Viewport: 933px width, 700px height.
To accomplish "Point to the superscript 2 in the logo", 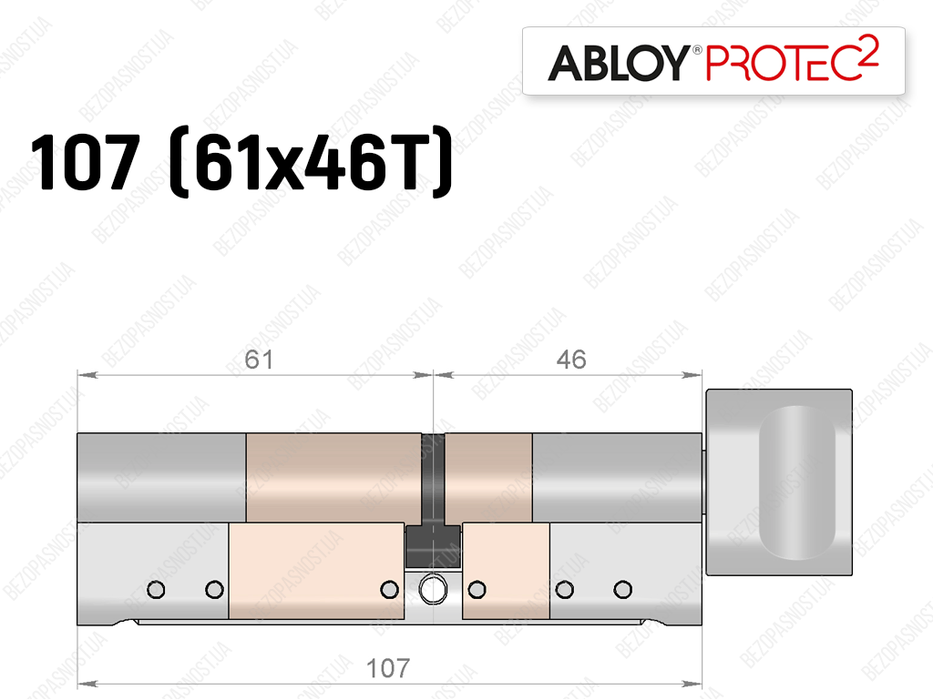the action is click(x=868, y=52).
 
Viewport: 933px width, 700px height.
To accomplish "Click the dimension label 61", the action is click(x=259, y=360).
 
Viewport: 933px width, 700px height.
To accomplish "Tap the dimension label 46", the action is click(x=571, y=360).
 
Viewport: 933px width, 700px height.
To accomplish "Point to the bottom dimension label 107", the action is click(x=388, y=668).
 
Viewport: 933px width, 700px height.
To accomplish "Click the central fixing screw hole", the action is click(x=433, y=590).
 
